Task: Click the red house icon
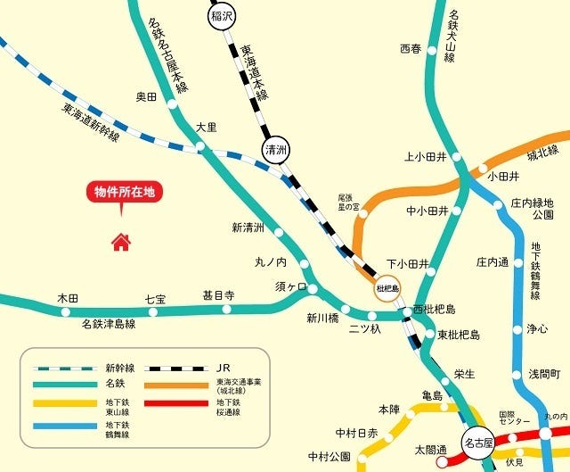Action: pos(120,241)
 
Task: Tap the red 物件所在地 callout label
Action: pos(125,192)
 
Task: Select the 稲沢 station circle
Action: pos(222,16)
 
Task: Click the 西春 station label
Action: pos(411,48)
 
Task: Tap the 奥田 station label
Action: pos(146,96)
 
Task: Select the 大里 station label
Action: pos(207,128)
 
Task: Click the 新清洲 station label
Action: pos(248,228)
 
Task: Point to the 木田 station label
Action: pos(68,297)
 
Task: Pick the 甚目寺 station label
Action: pos(218,294)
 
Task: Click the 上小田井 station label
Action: pos(426,156)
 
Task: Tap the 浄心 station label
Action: pos(537,329)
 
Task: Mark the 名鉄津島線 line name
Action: pos(109,324)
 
